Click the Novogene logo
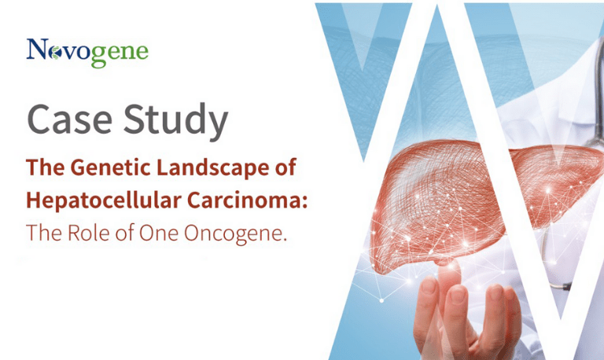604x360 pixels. [87, 53]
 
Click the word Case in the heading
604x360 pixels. [70, 119]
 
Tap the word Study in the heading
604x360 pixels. [175, 121]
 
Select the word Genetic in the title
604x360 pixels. [111, 167]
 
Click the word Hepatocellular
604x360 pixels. [104, 200]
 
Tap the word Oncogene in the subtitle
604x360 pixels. [235, 233]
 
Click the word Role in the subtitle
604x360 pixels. [89, 233]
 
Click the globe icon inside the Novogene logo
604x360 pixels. [56, 53]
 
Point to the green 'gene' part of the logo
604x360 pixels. [120, 55]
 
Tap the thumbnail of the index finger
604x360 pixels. [429, 286]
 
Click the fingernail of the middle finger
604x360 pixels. [458, 296]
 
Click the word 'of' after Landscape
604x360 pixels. [285, 167]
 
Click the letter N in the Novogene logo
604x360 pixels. [38, 49]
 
